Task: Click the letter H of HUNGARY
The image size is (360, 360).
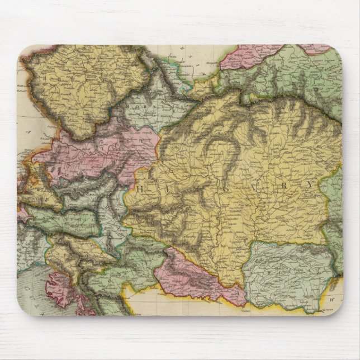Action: coord(139,190)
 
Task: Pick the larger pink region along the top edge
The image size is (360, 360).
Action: coord(246,56)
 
